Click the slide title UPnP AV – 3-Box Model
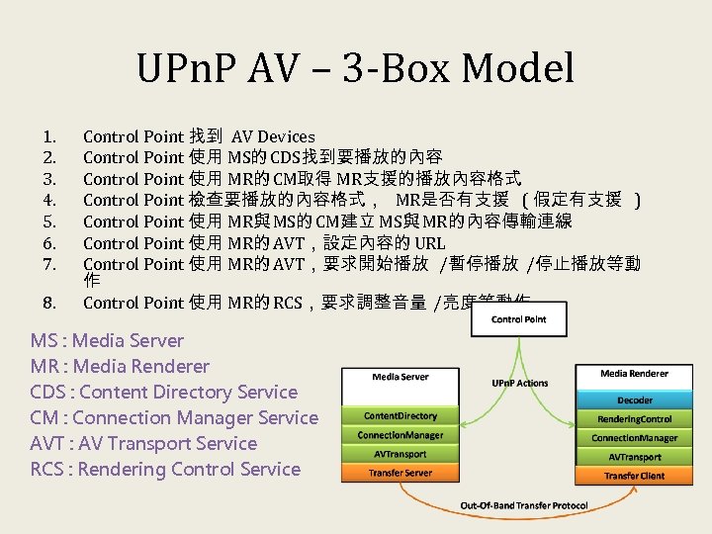click(355, 68)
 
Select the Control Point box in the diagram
click(520, 319)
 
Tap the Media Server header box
click(400, 377)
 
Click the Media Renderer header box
click(634, 374)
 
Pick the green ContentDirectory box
click(400, 416)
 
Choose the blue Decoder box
click(634, 400)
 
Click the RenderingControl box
click(634, 419)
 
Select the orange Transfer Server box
click(400, 474)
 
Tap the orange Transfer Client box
click(634, 477)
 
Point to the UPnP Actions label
click(519, 383)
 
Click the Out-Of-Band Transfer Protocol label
click(523, 506)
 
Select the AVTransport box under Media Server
click(400, 455)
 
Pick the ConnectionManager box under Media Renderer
click(634, 438)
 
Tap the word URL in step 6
click(430, 243)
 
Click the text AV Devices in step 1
click(273, 137)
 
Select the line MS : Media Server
click(107, 341)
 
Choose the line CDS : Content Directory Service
click(163, 393)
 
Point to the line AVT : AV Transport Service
click(143, 444)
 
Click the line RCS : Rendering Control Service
click(165, 470)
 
